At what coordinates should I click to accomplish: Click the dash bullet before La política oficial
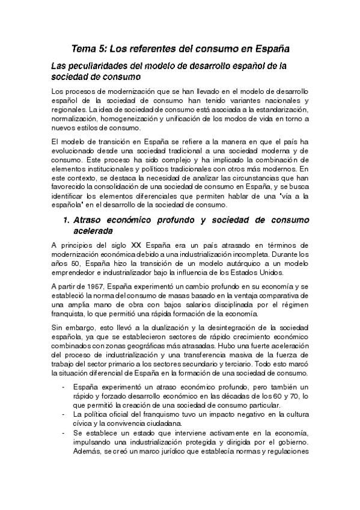64,415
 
